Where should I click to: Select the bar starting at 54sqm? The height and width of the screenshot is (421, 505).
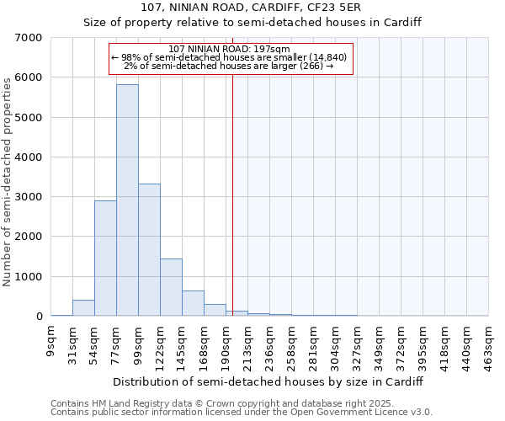pos(105,258)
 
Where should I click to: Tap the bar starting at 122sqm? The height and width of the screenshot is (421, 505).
pos(171,287)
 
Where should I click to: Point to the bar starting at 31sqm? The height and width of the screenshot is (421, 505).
pos(83,308)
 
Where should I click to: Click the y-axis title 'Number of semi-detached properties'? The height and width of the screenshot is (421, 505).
pos(8,181)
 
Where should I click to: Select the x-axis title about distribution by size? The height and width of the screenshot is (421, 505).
pos(268,381)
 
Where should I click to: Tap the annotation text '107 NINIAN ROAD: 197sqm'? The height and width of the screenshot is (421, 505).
pos(229,49)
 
